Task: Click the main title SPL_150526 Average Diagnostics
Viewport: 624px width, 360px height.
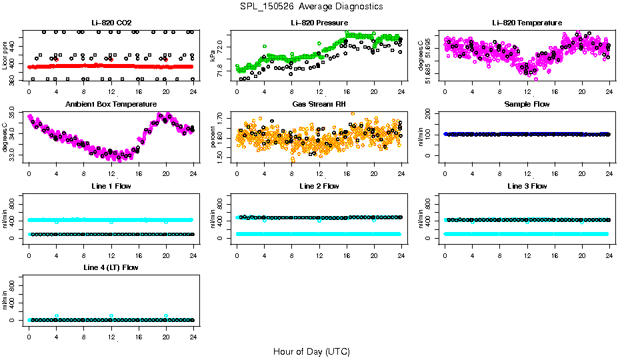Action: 312,6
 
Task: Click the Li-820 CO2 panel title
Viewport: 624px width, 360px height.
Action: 111,23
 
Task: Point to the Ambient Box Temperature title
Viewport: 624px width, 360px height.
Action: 111,105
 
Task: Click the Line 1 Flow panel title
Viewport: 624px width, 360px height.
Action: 111,186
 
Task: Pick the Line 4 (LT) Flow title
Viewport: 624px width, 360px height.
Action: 111,267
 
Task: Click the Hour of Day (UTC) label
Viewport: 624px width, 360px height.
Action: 311,351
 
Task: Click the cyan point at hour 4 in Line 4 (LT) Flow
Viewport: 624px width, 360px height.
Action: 57,315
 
